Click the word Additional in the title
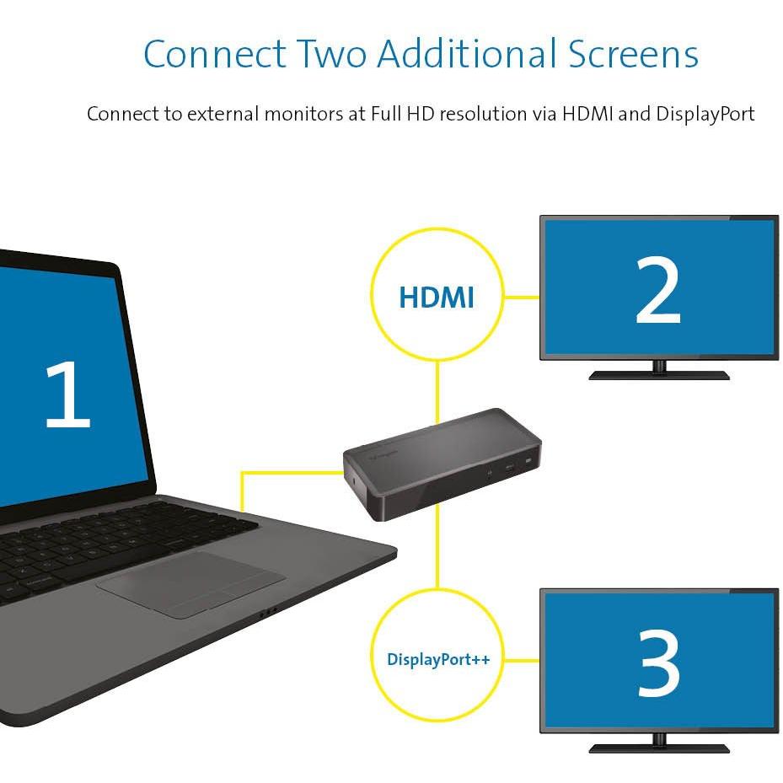click(467, 53)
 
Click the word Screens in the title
click(633, 53)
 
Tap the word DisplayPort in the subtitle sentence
click(705, 115)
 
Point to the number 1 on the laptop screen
click(67, 394)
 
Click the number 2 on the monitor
click(658, 290)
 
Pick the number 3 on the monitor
click(658, 662)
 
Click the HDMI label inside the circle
click(437, 298)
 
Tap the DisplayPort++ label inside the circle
click(438, 660)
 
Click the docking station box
click(442, 464)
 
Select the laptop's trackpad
click(190, 584)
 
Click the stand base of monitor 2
click(659, 375)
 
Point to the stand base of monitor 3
click(659, 748)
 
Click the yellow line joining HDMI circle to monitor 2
click(522, 298)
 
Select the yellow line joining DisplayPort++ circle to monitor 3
click(522, 660)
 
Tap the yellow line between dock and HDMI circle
click(437, 393)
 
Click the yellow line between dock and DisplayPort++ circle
click(437, 546)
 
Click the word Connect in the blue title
click(215, 53)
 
